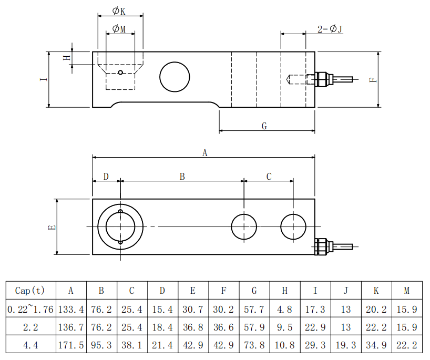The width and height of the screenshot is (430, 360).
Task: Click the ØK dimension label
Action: [x=119, y=11]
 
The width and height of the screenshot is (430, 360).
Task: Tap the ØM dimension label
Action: [x=119, y=28]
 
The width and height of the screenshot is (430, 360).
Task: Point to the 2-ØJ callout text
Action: [x=330, y=29]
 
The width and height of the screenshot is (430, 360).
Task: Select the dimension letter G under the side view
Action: [x=264, y=126]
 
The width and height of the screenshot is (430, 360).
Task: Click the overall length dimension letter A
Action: [x=204, y=153]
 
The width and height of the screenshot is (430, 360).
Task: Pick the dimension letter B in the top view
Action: [x=182, y=176]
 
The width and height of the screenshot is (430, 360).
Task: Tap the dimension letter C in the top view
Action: [x=269, y=176]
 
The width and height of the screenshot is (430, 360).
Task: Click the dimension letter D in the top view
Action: [x=106, y=176]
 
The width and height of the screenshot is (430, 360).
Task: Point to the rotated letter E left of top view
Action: [x=52, y=227]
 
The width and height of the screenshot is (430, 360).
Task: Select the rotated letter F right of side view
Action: [x=373, y=80]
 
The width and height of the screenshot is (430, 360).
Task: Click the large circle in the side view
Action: [x=175, y=77]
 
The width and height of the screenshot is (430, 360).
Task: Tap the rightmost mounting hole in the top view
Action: [x=293, y=227]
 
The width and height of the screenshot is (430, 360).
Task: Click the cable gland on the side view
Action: [x=324, y=79]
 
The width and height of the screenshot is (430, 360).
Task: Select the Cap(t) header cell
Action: [x=30, y=290]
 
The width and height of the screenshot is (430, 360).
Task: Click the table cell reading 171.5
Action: [x=71, y=345]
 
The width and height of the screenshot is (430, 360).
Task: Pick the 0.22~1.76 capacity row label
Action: [x=30, y=308]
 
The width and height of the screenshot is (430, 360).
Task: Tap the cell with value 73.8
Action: [x=254, y=345]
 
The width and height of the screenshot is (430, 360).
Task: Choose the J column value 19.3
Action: [x=346, y=345]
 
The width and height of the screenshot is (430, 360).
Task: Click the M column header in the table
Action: [x=407, y=290]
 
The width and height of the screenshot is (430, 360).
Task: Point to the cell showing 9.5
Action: [x=285, y=327]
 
